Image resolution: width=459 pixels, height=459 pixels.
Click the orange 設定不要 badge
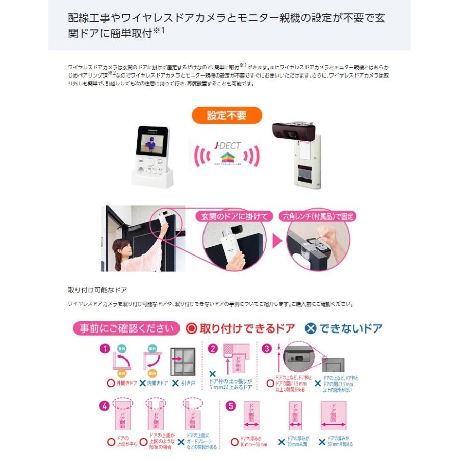point(227,115)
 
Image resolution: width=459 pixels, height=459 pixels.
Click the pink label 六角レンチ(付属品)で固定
point(319,216)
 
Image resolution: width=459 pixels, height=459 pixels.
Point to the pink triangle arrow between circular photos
point(277,241)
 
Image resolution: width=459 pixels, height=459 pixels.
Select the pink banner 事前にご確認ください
point(126,328)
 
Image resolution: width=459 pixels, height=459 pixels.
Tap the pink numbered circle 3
point(266,349)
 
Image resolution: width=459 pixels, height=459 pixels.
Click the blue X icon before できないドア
point(311,328)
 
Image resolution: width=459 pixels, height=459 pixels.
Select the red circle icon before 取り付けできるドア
point(191,328)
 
